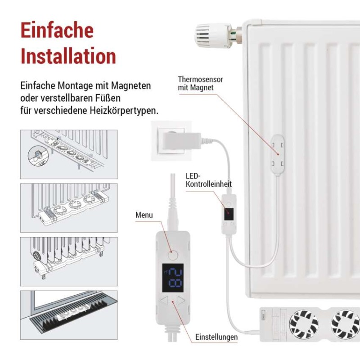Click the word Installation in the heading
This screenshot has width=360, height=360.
tap(68, 57)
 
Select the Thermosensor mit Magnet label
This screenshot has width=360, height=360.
tap(201, 83)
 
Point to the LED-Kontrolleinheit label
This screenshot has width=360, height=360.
tap(208, 180)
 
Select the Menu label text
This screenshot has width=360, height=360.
tap(144, 215)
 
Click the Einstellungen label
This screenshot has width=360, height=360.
tap(216, 337)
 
